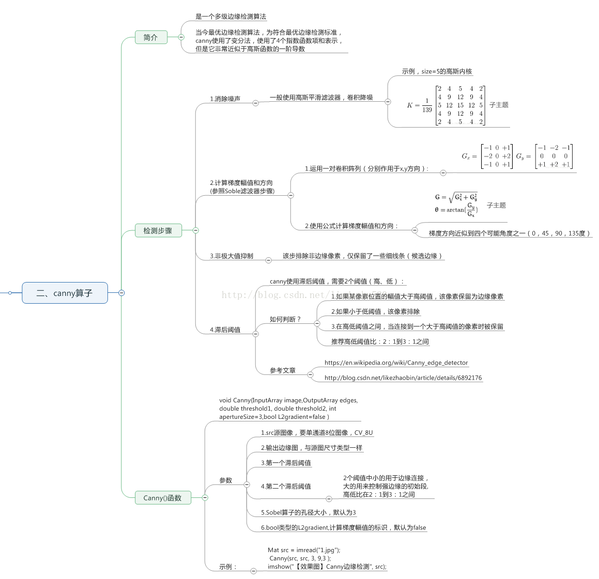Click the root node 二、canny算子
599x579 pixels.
[65, 293]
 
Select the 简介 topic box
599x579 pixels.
[151, 37]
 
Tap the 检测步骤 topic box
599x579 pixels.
[158, 230]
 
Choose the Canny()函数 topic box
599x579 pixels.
[162, 498]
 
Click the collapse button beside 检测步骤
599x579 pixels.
[195, 230]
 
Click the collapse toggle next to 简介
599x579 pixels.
[181, 37]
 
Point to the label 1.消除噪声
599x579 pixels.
[225, 99]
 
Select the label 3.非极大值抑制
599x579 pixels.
[232, 256]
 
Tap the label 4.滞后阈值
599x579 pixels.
[225, 330]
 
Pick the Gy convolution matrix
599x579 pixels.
[554, 156]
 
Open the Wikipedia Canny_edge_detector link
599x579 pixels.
[396, 363]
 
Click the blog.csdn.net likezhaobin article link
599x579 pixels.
[403, 378]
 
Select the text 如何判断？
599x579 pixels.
[285, 319]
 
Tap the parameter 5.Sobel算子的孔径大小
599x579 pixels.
[308, 512]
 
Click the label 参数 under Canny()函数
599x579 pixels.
[226, 480]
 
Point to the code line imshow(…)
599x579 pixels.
[327, 567]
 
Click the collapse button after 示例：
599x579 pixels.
[253, 571]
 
